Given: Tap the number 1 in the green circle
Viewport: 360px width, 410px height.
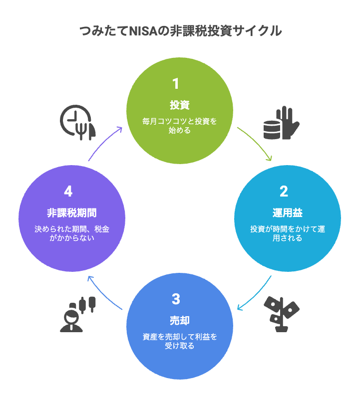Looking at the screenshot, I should tap(175, 83).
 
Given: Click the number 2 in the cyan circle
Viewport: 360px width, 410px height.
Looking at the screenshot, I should tap(284, 192).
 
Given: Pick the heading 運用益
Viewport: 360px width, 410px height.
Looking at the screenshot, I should tap(288, 213).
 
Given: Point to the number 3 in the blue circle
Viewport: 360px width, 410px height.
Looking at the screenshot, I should tap(175, 299).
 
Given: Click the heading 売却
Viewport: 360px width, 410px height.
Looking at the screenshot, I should tap(180, 320).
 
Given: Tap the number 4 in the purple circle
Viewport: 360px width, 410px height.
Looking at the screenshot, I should tap(68, 192).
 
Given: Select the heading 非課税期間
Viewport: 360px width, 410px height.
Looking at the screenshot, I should tap(72, 213).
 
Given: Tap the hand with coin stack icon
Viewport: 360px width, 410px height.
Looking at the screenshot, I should tap(281, 123).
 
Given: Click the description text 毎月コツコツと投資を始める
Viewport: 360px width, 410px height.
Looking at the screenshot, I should tap(180, 126).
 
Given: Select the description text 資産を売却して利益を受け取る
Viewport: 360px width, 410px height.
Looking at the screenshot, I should tap(180, 341).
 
